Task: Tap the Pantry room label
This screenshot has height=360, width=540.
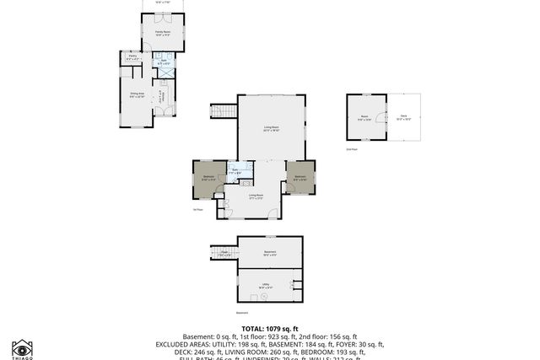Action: tap(132, 59)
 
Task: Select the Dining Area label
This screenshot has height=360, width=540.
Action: tap(137, 95)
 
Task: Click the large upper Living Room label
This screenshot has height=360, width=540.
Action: tap(271, 128)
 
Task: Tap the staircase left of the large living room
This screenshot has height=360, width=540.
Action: tap(224, 111)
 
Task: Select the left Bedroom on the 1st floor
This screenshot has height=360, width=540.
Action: tap(209, 178)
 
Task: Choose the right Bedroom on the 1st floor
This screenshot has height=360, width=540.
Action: tap(300, 178)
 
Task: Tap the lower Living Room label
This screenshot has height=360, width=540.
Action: tap(256, 196)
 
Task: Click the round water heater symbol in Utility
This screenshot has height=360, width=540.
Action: tap(254, 297)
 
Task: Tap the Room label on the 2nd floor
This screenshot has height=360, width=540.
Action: tap(364, 119)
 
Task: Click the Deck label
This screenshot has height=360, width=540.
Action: tap(403, 118)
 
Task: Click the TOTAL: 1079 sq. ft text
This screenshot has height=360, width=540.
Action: tap(269, 329)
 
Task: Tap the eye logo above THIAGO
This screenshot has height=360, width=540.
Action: tap(22, 347)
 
